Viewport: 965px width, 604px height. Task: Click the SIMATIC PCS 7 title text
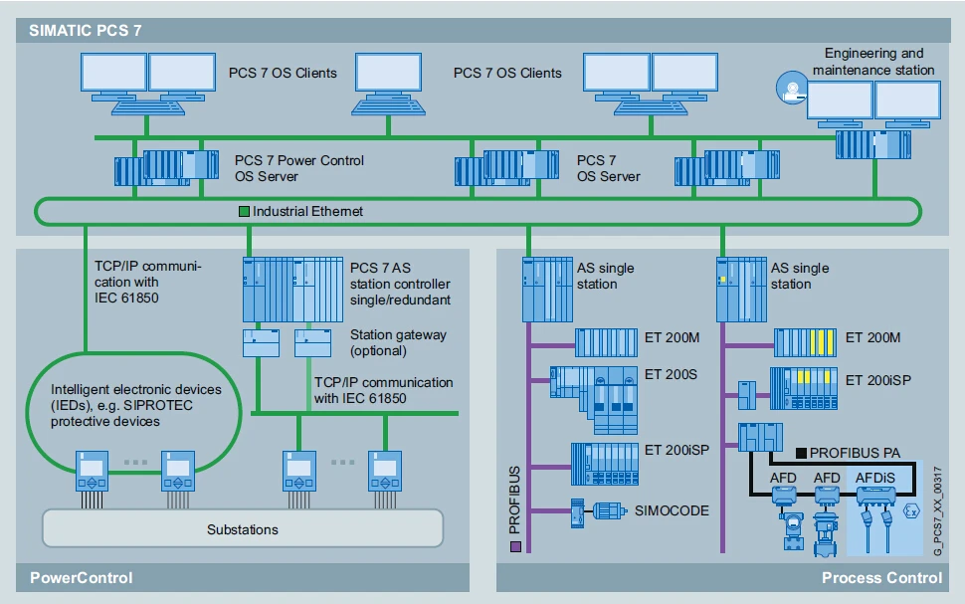tap(71, 30)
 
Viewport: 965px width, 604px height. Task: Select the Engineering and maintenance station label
tap(872, 62)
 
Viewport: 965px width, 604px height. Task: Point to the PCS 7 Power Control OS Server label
tap(298, 168)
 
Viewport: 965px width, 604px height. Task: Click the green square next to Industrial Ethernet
tap(243, 211)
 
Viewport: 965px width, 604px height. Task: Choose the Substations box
tap(243, 529)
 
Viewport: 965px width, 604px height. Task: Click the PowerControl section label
tap(82, 578)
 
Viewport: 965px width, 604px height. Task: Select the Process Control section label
tap(880, 578)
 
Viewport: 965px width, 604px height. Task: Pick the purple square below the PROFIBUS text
tap(514, 546)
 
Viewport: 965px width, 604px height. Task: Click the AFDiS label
tap(875, 478)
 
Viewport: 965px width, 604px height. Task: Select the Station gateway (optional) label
tap(398, 342)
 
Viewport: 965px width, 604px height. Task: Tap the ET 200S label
tap(671, 375)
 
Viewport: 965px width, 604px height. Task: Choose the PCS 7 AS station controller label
tap(400, 283)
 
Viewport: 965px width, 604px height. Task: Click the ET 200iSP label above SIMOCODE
tap(677, 450)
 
